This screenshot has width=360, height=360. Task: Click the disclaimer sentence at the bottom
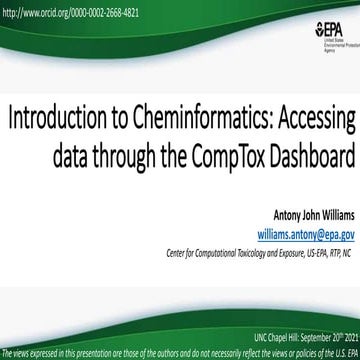[180, 353]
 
